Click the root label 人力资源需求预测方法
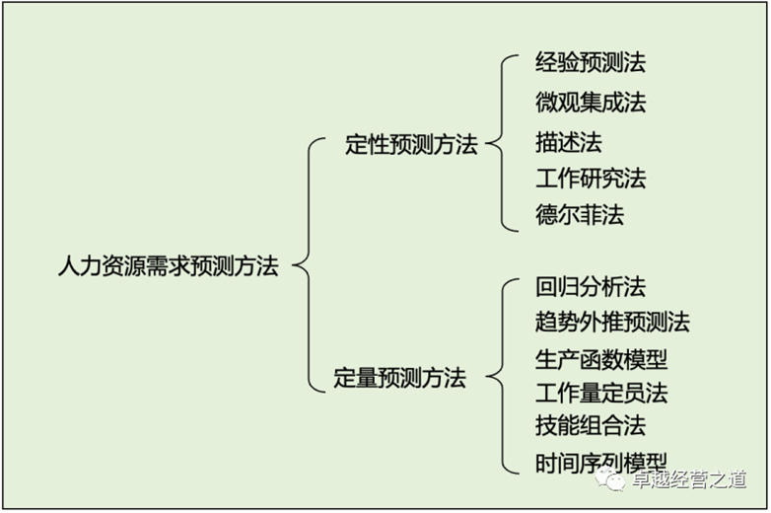click(x=169, y=266)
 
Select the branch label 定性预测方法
click(x=411, y=145)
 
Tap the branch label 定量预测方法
click(x=399, y=378)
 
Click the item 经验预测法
click(x=591, y=62)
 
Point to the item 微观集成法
click(x=591, y=103)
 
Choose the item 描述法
click(x=569, y=143)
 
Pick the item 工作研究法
click(x=591, y=178)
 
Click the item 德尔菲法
click(x=580, y=215)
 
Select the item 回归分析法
click(x=591, y=287)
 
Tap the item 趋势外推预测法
click(x=612, y=323)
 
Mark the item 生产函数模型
click(x=601, y=359)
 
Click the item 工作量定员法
click(x=601, y=393)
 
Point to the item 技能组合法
click(x=591, y=425)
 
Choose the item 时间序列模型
click(x=601, y=463)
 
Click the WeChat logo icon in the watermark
click(x=609, y=479)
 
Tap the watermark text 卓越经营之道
click(x=689, y=479)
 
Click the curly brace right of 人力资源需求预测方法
click(x=309, y=265)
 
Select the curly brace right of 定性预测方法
click(x=502, y=143)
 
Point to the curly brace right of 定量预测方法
click(x=502, y=377)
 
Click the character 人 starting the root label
click(x=69, y=266)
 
